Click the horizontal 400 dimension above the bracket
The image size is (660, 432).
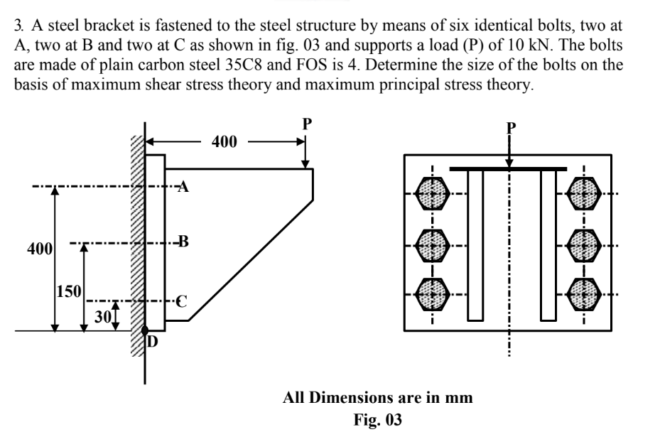click(224, 141)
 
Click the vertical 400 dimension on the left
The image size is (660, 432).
click(40, 249)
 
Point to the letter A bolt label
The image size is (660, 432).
click(183, 188)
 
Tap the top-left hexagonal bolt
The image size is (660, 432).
click(432, 193)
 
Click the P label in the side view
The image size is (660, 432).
click(306, 122)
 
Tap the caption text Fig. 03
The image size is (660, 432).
click(377, 419)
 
